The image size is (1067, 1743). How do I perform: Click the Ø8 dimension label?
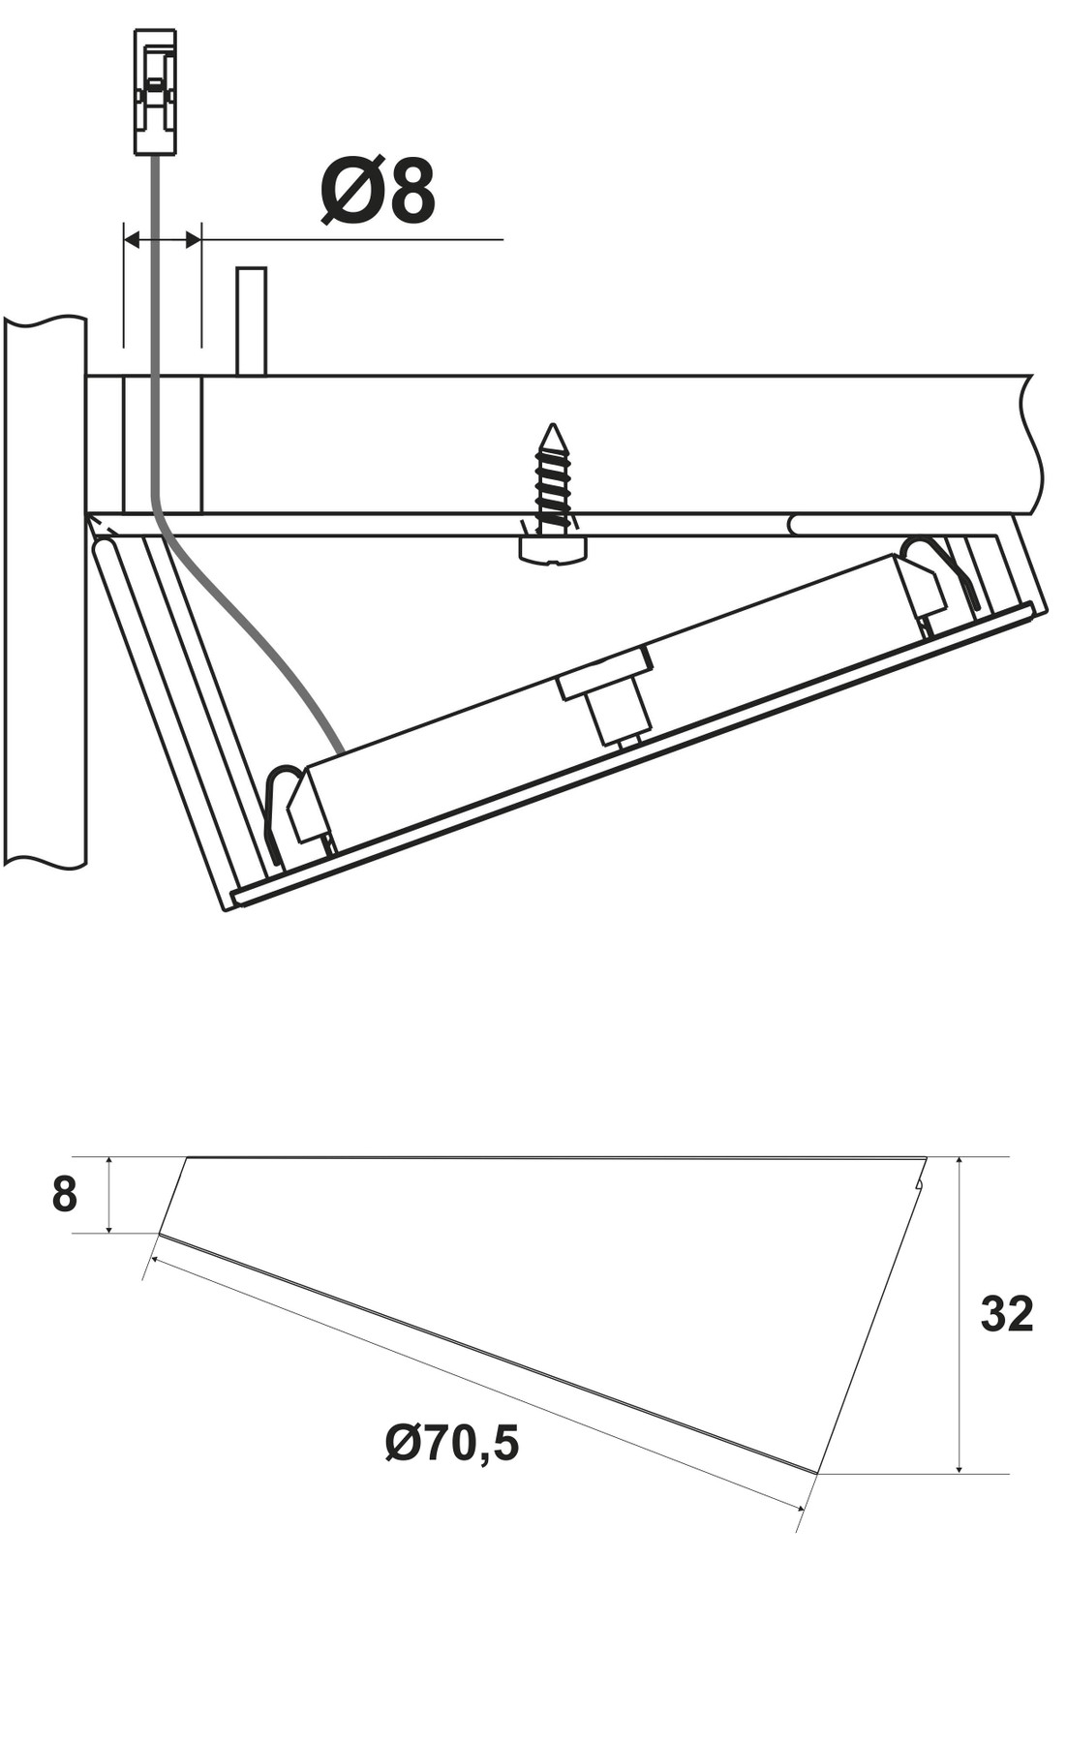378,192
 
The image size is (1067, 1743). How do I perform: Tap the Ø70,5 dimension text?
451,1443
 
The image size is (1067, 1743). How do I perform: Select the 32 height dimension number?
1006,1314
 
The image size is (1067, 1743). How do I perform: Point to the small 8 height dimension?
64,1195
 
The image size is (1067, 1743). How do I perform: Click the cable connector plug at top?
155,91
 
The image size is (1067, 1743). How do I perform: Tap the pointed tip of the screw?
553,431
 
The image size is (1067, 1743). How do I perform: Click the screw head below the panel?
553,549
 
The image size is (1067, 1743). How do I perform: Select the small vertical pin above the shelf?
251,321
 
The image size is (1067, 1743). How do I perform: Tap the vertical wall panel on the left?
45,591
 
